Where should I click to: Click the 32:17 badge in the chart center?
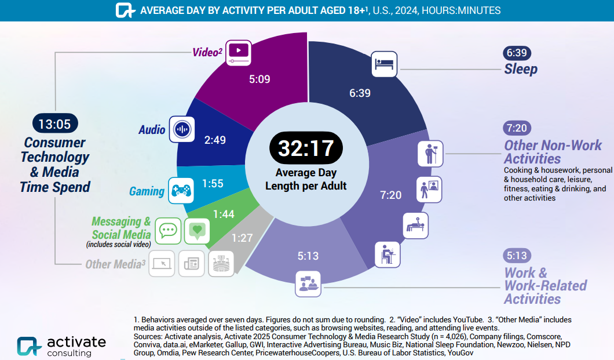point(306,147)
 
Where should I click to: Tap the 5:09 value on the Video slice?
point(260,79)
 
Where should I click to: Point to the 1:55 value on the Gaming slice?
point(213,184)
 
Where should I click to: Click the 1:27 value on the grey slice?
point(243,238)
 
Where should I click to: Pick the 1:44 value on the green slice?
point(224,214)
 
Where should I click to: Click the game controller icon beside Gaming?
point(180,190)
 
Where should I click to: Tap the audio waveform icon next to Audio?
point(182,129)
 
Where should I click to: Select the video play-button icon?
point(239,52)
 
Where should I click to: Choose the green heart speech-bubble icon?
point(197,231)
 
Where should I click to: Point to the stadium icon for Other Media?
point(221,264)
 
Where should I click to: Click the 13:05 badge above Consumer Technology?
point(54,123)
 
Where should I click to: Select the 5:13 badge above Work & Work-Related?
point(517,255)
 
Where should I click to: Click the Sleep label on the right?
point(520,69)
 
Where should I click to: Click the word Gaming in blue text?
point(147,191)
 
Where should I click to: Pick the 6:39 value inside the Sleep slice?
point(360,93)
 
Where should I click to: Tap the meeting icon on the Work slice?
point(308,283)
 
